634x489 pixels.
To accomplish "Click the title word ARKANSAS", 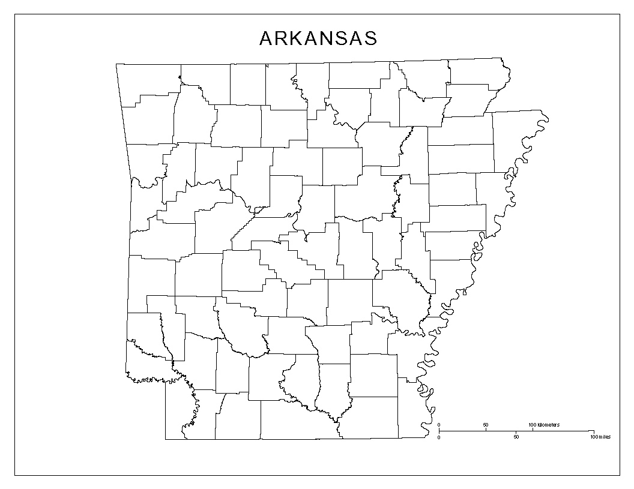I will (x=318, y=38).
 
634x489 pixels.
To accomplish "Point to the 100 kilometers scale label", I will (x=544, y=425).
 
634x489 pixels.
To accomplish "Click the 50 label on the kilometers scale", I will (x=485, y=425).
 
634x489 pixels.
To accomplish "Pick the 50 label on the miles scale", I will (x=516, y=437).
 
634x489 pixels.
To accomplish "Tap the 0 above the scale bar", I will (x=439, y=425).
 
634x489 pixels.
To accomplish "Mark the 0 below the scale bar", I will (x=439, y=437).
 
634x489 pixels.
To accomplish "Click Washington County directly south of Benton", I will (x=150, y=123).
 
